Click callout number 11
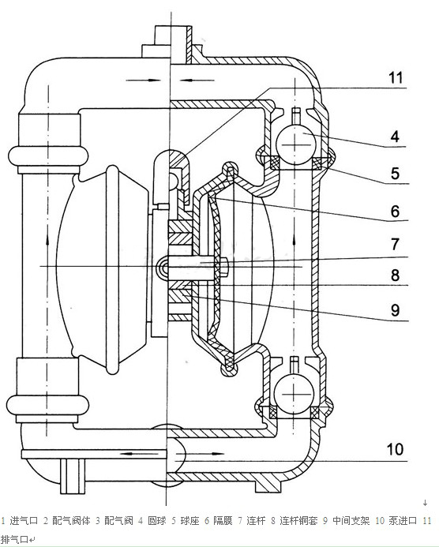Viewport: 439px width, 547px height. (396, 77)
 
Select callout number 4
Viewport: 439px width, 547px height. (395, 137)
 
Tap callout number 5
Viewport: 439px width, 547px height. (395, 174)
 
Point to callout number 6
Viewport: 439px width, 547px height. (395, 212)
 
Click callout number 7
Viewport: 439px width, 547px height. (395, 244)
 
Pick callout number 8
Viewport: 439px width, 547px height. (395, 275)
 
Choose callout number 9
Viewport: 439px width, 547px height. (395, 310)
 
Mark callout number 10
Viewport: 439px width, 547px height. (395, 449)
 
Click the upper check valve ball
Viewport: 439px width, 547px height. (295, 144)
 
